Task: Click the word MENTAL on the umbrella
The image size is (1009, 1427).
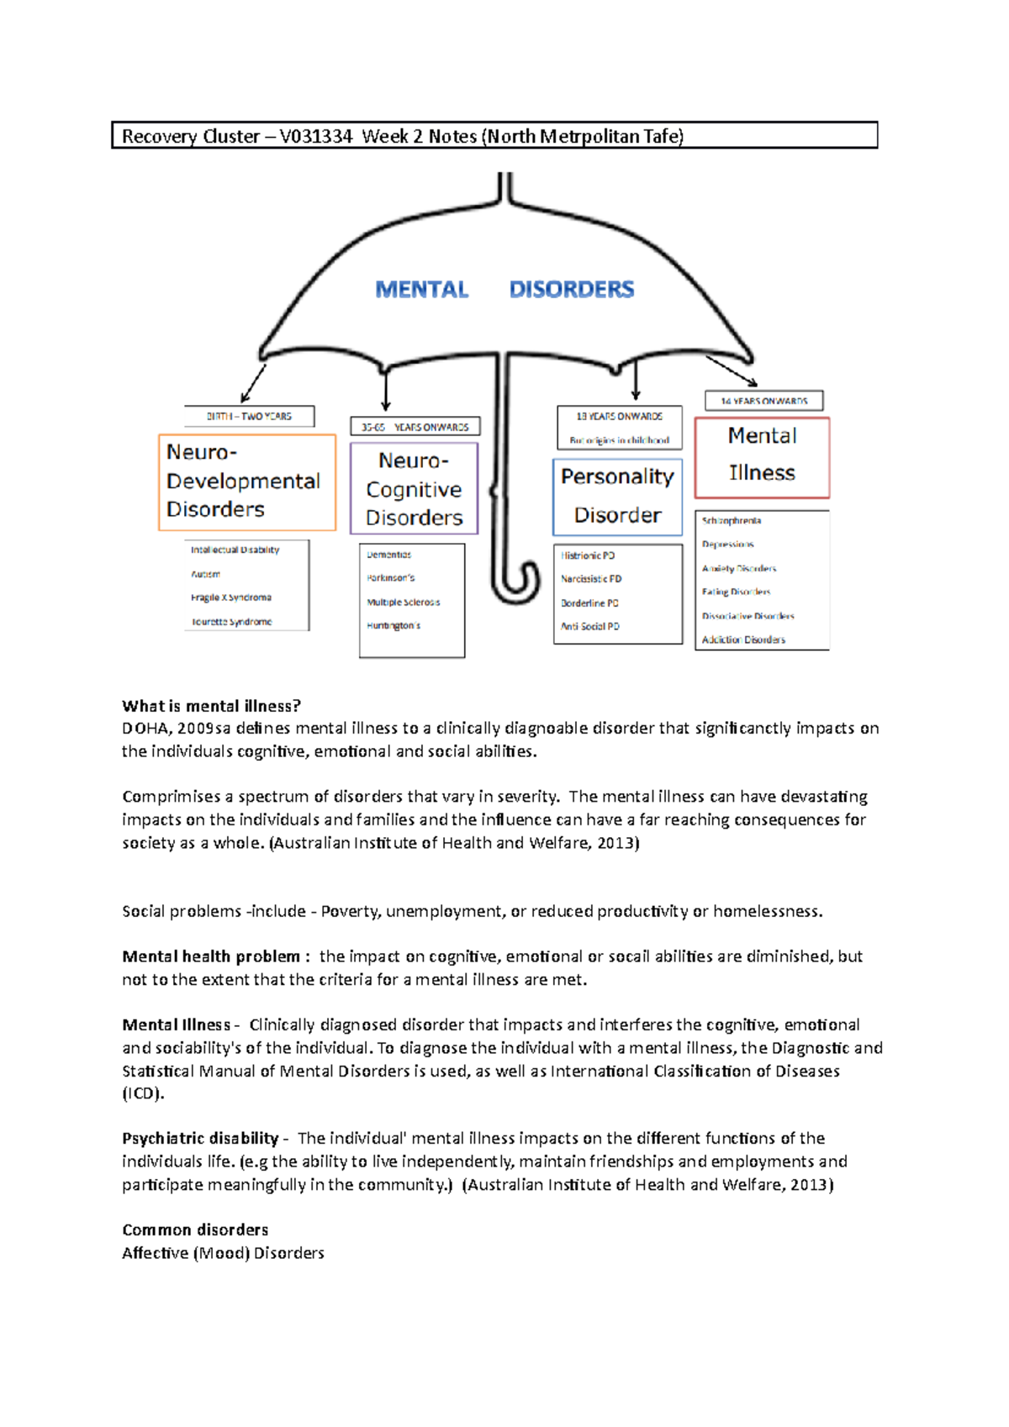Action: (421, 290)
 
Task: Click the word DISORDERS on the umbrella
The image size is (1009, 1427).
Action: (572, 290)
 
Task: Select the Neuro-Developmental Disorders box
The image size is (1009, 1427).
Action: (247, 482)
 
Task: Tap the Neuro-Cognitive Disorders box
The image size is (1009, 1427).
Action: (414, 488)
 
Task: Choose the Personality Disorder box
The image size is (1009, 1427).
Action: (617, 496)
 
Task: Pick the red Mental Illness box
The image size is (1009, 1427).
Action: (762, 456)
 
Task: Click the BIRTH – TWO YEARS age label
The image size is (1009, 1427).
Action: (249, 416)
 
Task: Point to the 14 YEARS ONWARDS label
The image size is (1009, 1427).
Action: (763, 401)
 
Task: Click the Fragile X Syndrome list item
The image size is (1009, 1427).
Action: (231, 598)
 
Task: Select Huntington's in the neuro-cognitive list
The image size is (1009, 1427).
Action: (394, 625)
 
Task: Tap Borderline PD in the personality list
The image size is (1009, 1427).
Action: (589, 603)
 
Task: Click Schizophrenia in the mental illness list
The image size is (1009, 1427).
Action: (732, 521)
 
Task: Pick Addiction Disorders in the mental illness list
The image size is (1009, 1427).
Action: (743, 640)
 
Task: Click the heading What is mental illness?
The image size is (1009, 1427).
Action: (211, 706)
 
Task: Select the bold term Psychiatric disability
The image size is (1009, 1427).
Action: (200, 1138)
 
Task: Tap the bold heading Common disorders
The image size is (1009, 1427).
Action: (195, 1230)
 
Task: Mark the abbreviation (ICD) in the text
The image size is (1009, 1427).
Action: (143, 1093)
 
